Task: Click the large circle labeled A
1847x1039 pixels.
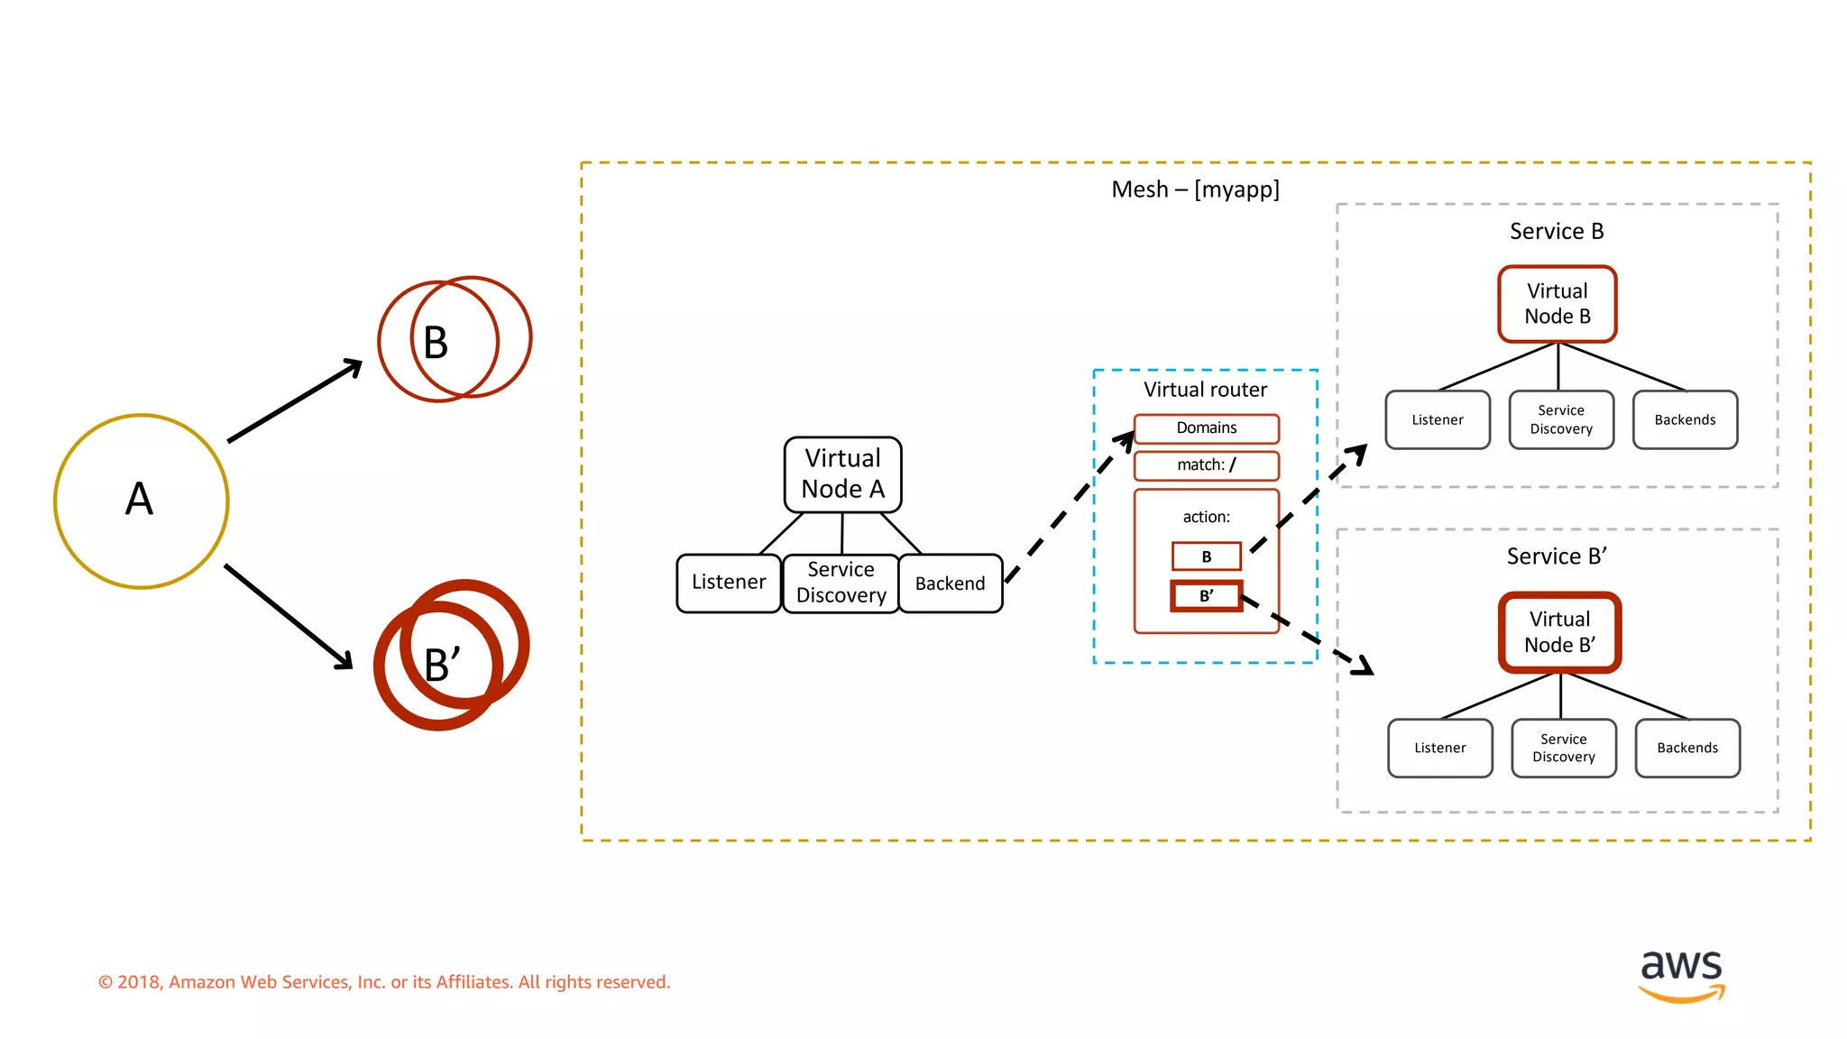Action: (141, 501)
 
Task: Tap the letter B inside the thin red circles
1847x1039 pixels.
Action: (436, 343)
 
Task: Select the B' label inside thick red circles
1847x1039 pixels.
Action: (442, 666)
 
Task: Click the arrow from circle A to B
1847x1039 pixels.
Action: (294, 401)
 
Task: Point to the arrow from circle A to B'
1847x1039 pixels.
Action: (288, 617)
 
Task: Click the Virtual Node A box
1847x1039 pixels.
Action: (842, 474)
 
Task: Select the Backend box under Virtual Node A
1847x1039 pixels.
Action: (950, 584)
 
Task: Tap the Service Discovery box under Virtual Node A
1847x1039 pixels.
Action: (841, 583)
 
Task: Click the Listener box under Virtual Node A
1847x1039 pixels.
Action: (728, 583)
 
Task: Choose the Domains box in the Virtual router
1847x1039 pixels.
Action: (1206, 428)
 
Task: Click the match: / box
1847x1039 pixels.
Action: (1206, 465)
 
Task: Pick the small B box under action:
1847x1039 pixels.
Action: (1206, 556)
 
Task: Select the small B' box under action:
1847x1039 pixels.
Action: (1206, 596)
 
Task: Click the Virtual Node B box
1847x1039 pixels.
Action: (1557, 304)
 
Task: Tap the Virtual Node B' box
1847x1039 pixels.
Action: (1559, 632)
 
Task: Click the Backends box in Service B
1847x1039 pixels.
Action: (1684, 420)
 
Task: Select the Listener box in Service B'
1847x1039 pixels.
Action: (1439, 748)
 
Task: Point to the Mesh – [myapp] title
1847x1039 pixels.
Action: (1195, 189)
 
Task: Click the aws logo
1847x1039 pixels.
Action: (1681, 974)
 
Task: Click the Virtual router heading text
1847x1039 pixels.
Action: (1205, 390)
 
